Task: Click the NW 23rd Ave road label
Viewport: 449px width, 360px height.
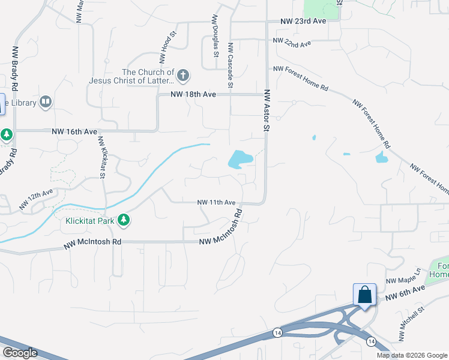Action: (303, 20)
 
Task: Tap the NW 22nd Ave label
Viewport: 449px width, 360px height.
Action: (292, 42)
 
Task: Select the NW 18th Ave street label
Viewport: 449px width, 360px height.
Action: (193, 94)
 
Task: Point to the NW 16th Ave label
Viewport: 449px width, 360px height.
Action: (74, 131)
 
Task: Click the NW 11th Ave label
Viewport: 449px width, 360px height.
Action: (216, 203)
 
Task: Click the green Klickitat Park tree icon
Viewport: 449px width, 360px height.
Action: (124, 220)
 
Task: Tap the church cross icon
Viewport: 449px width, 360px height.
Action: (183, 76)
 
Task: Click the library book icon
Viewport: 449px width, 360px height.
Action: (46, 103)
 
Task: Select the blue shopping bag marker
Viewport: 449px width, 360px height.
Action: (364, 295)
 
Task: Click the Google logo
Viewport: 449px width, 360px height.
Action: (20, 353)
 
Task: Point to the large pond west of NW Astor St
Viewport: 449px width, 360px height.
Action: (238, 159)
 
